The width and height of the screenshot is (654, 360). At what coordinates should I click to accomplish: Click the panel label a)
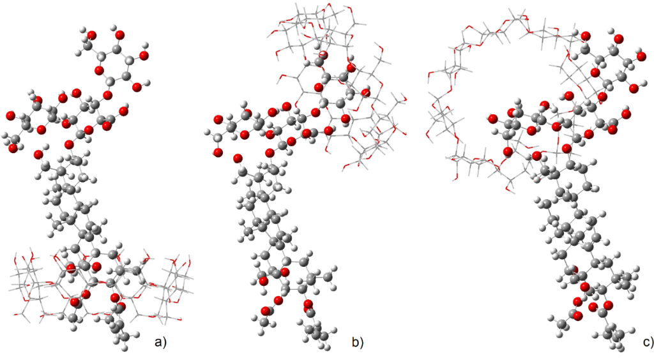(x=160, y=343)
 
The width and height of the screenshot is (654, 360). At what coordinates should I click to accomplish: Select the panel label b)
(x=358, y=343)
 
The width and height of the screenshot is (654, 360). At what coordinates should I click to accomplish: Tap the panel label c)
(x=648, y=343)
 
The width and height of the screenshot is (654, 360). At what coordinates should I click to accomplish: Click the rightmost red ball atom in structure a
(x=143, y=56)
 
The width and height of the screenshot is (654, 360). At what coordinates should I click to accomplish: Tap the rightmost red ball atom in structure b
(x=366, y=93)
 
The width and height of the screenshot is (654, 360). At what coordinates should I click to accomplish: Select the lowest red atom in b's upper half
(x=238, y=158)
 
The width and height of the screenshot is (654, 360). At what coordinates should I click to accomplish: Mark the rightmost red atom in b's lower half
(x=308, y=304)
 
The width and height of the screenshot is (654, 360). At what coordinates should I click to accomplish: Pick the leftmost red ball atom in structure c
(x=492, y=119)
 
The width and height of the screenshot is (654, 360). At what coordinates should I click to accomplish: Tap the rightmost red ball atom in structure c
(x=627, y=114)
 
